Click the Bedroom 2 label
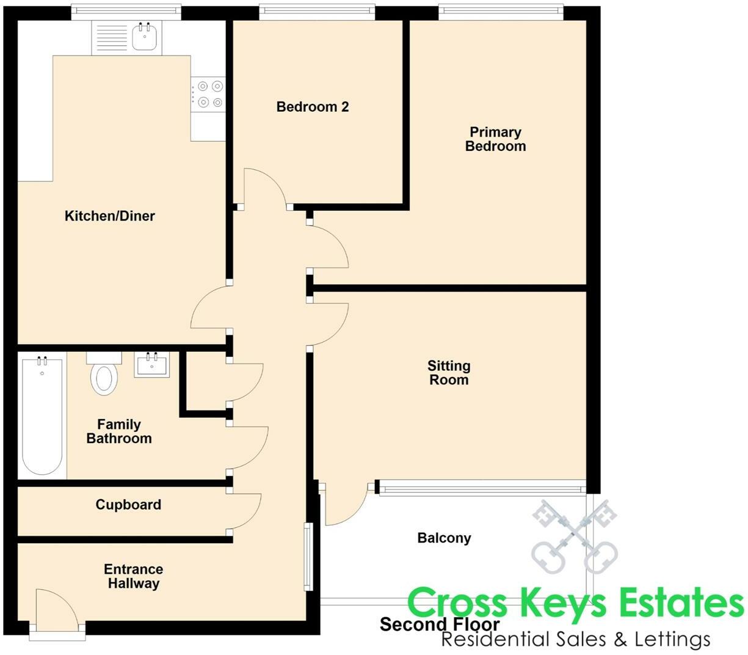click(x=313, y=107)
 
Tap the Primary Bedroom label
click(x=495, y=139)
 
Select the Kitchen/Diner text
click(x=110, y=216)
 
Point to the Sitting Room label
click(x=449, y=373)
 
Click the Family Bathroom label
click(x=119, y=431)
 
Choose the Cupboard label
click(x=128, y=505)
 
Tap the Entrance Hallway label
click(x=134, y=576)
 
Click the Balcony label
click(x=444, y=538)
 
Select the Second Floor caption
click(x=440, y=624)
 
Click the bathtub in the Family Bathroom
click(x=42, y=418)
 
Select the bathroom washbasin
click(x=151, y=365)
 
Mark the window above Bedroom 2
click(x=317, y=12)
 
